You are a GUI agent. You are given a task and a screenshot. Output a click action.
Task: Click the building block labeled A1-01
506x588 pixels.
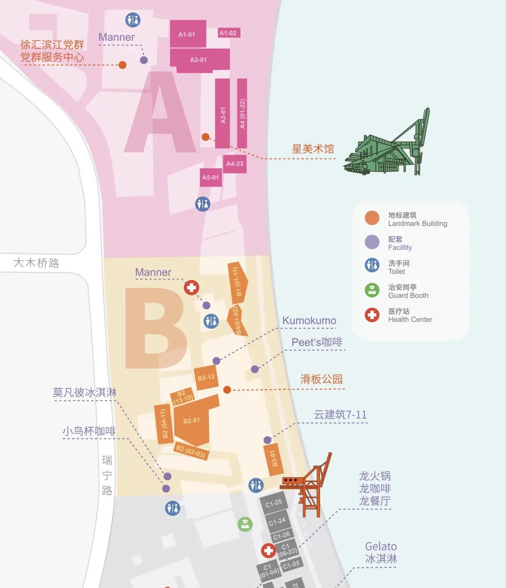click(187, 34)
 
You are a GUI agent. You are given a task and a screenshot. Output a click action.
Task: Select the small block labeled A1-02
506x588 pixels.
click(228, 33)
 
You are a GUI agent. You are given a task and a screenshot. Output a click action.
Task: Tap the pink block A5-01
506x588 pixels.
click(210, 177)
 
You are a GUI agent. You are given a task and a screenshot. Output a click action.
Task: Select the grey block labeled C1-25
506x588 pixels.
click(274, 504)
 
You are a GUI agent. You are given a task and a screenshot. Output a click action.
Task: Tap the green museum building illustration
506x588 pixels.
click(387, 147)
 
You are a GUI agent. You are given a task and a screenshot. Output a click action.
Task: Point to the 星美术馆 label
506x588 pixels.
click(313, 149)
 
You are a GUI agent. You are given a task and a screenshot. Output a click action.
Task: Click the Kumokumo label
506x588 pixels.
click(309, 321)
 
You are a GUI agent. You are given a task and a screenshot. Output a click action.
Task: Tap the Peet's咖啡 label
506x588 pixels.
click(317, 342)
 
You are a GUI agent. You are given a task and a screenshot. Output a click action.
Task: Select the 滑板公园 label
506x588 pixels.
click(321, 379)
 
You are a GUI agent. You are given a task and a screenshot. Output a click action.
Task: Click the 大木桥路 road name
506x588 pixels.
click(37, 263)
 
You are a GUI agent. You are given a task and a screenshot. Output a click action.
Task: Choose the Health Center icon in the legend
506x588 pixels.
click(372, 315)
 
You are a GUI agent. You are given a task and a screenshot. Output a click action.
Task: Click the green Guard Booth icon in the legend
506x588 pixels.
click(372, 290)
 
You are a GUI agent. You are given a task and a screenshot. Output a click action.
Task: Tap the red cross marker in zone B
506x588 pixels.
click(191, 287)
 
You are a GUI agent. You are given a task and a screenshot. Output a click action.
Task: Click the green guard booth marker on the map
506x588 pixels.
click(245, 524)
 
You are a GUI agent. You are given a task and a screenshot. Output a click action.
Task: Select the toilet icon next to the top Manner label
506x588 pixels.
click(133, 20)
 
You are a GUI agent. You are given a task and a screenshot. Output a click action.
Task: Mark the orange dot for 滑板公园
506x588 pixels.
click(227, 390)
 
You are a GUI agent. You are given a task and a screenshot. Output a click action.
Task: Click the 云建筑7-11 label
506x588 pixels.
click(340, 415)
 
